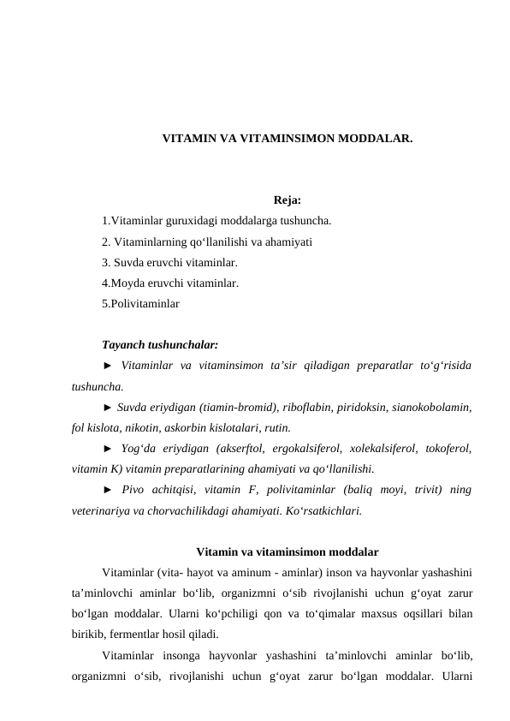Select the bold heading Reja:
click(288, 201)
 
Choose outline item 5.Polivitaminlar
click(140, 302)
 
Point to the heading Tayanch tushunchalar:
click(159, 345)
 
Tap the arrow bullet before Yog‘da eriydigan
click(107, 448)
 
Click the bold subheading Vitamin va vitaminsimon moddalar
click(288, 551)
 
